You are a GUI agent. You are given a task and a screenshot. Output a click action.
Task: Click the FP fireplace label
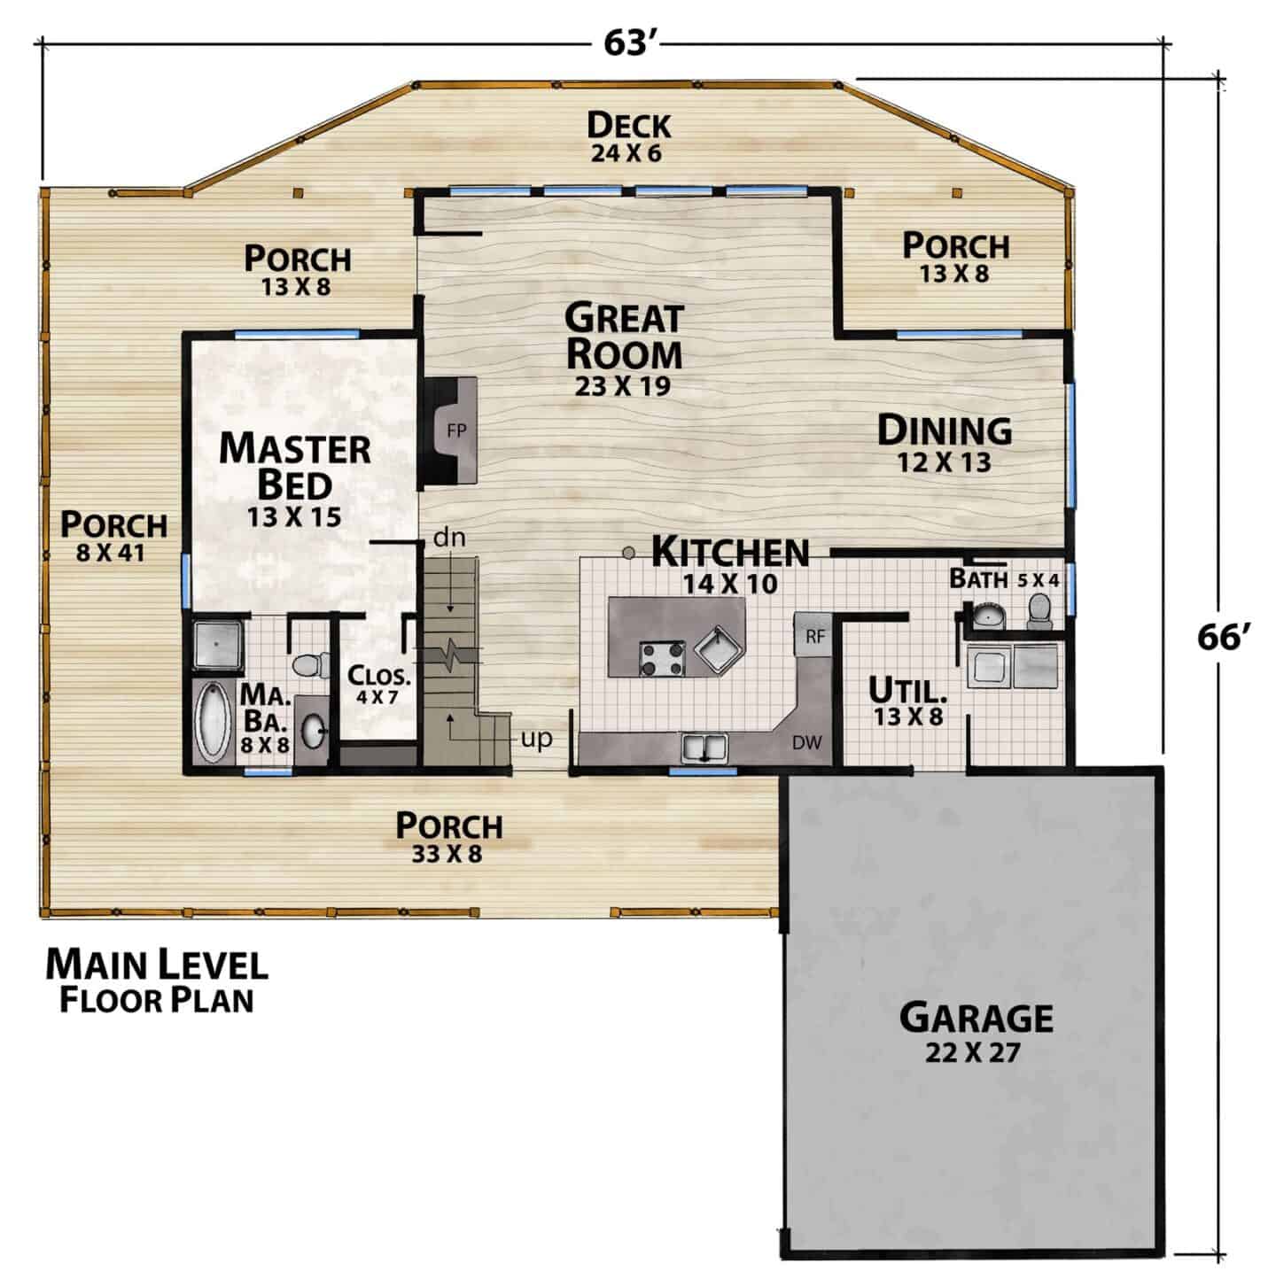457,430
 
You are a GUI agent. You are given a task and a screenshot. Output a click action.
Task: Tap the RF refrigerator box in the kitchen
814,635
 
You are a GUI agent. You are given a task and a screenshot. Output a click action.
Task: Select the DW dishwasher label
807,742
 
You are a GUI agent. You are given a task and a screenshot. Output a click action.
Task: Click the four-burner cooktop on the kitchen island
662,658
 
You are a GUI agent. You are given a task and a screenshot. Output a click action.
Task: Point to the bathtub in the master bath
212,722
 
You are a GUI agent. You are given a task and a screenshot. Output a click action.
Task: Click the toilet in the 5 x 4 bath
1039,610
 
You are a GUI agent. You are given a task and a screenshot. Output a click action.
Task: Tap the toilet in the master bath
311,665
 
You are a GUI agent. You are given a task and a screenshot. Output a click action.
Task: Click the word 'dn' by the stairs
449,537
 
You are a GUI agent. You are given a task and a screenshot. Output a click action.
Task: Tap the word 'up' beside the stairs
536,739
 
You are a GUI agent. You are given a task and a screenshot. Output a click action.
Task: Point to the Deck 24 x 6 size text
626,153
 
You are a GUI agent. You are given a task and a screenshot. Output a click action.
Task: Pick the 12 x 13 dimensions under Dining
944,462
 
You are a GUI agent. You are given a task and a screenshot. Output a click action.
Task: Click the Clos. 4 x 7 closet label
378,685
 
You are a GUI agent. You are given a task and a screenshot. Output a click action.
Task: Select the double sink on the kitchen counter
704,748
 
